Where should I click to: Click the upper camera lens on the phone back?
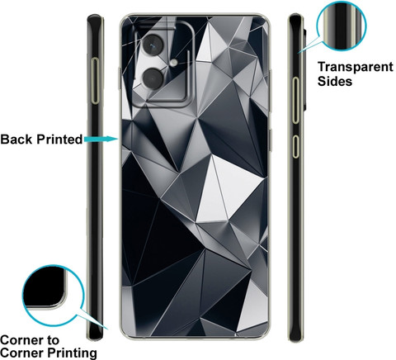pyautogui.click(x=153, y=44)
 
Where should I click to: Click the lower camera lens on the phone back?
pyautogui.click(x=153, y=78)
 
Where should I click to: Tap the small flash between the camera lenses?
pyautogui.click(x=173, y=63)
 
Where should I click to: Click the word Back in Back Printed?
pyautogui.click(x=16, y=140)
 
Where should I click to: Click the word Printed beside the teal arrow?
pyautogui.click(x=59, y=140)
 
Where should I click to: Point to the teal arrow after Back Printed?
pyautogui.click(x=101, y=139)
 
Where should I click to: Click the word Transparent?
pyautogui.click(x=356, y=67)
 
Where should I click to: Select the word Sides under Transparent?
pyautogui.click(x=335, y=81)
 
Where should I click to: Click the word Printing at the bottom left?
pyautogui.click(x=72, y=353)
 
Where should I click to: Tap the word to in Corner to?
pyautogui.click(x=51, y=341)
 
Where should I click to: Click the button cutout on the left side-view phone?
pyautogui.click(x=95, y=81)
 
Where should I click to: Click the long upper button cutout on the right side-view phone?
pyautogui.click(x=295, y=100)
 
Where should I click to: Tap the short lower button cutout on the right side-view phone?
pyautogui.click(x=295, y=146)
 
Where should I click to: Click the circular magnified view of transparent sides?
pyautogui.click(x=342, y=26)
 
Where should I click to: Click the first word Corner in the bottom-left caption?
pyautogui.click(x=21, y=341)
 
